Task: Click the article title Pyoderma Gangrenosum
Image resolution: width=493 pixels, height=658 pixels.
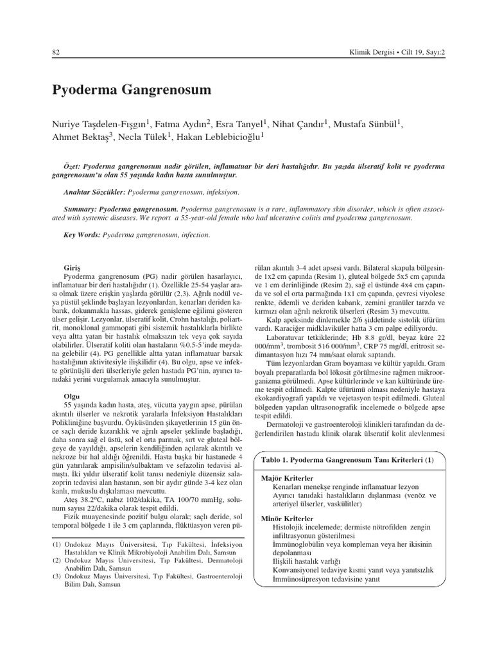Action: click(132, 91)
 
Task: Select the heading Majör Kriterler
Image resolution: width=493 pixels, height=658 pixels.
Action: click(288, 479)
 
